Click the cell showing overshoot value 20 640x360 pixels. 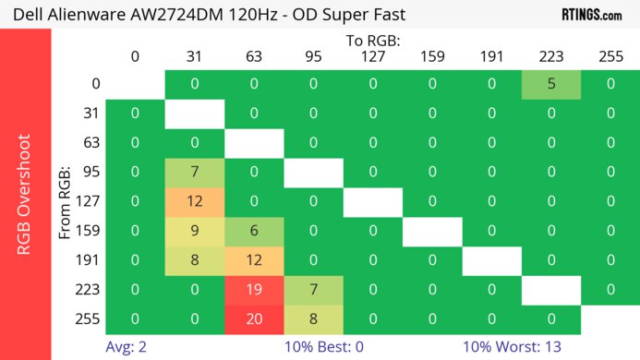click(x=254, y=318)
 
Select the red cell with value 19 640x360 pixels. click(x=254, y=289)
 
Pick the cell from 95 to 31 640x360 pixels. click(x=195, y=173)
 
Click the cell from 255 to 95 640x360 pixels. click(x=314, y=318)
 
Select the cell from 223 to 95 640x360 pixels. click(x=314, y=289)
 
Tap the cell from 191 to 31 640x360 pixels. click(x=195, y=260)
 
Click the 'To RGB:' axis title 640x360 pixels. click(x=372, y=41)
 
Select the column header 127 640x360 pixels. click(x=372, y=56)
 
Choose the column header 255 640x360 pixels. click(x=610, y=56)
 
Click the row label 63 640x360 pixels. click(x=91, y=143)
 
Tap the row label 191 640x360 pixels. click(x=91, y=260)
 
